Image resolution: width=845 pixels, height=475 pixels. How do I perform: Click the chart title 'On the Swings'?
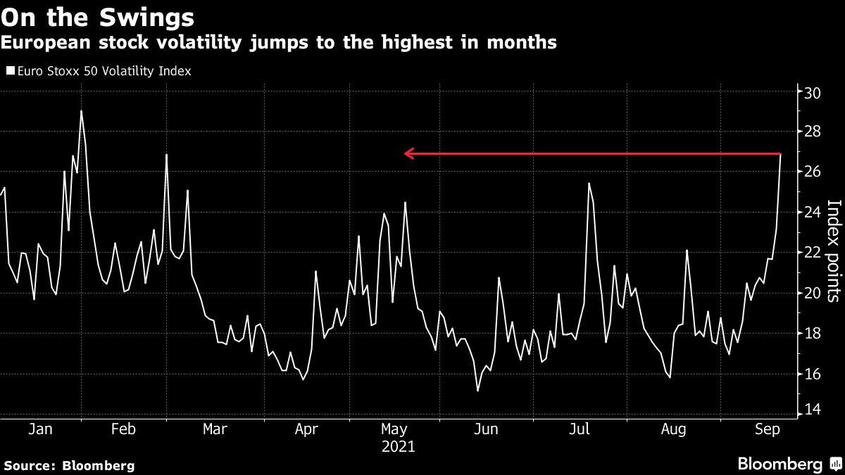click(98, 15)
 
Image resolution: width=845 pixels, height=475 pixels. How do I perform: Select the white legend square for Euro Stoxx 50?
click(10, 71)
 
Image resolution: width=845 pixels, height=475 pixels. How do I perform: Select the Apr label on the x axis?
click(307, 429)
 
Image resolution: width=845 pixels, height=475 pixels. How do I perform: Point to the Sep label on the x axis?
click(766, 429)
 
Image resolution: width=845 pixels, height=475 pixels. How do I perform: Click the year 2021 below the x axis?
click(398, 447)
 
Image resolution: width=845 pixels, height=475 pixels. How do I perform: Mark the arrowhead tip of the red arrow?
click(405, 153)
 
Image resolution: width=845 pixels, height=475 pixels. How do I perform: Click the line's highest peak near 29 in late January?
click(81, 111)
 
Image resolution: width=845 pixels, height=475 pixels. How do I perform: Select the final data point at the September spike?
click(780, 153)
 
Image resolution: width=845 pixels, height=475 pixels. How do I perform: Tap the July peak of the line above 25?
click(589, 184)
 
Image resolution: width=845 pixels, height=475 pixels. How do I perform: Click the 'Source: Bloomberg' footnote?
click(68, 465)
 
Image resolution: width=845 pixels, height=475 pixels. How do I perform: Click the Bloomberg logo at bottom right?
click(788, 464)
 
